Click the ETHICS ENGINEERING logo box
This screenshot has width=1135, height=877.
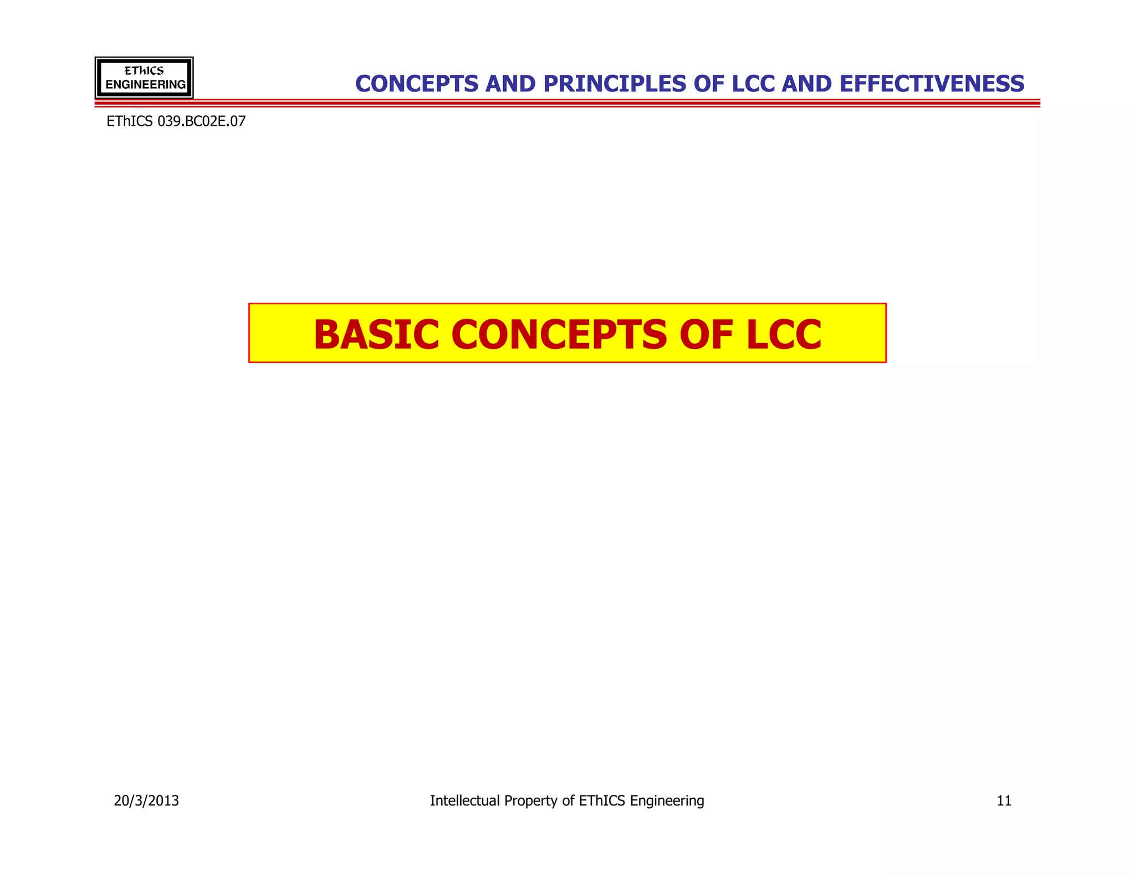point(144,78)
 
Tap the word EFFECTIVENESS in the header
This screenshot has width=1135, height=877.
point(932,84)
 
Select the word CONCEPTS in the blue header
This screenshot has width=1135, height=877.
point(417,84)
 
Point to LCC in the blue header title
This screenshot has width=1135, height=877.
point(754,84)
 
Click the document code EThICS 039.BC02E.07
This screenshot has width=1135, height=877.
point(176,121)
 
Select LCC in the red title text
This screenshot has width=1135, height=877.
point(783,336)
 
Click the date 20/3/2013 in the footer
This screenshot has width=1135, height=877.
point(146,801)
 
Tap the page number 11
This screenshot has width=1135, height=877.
point(1004,801)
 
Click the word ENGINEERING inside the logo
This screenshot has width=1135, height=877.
point(145,85)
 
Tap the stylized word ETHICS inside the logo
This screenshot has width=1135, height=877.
point(144,71)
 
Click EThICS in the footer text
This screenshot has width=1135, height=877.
point(602,801)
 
